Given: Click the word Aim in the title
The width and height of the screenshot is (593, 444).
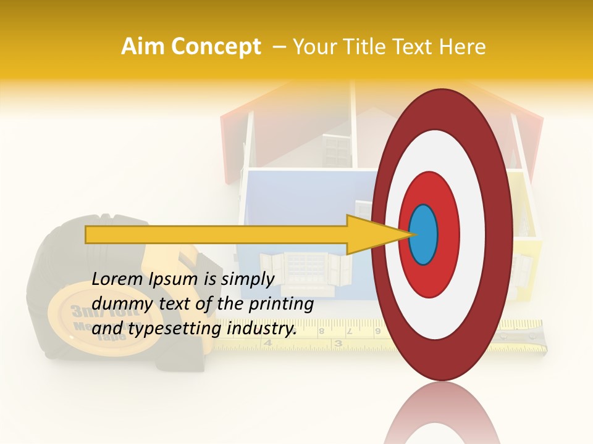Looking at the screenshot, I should [x=144, y=47].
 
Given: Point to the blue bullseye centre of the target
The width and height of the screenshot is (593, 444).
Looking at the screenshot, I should [x=423, y=234].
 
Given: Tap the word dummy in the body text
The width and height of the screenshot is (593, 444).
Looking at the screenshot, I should [x=118, y=303].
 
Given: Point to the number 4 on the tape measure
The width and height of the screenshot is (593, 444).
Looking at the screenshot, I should [x=267, y=343].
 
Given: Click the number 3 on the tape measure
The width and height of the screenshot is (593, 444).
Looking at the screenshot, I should [x=338, y=343].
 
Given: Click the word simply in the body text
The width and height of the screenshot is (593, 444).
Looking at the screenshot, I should [x=246, y=279].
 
